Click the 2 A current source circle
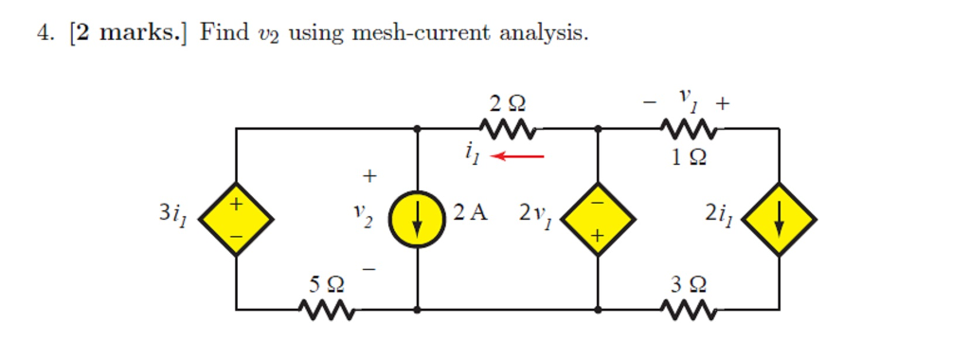pyautogui.click(x=418, y=219)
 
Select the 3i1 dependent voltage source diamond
pyautogui.click(x=237, y=219)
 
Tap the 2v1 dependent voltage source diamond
pyautogui.click(x=598, y=219)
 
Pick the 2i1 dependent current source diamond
pyautogui.click(x=779, y=219)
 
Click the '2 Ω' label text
pyautogui.click(x=508, y=102)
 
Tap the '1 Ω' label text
pyautogui.click(x=689, y=158)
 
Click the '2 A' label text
pyautogui.click(x=470, y=212)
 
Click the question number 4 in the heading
pyautogui.click(x=44, y=33)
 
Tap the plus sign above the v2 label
pyautogui.click(x=369, y=176)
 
